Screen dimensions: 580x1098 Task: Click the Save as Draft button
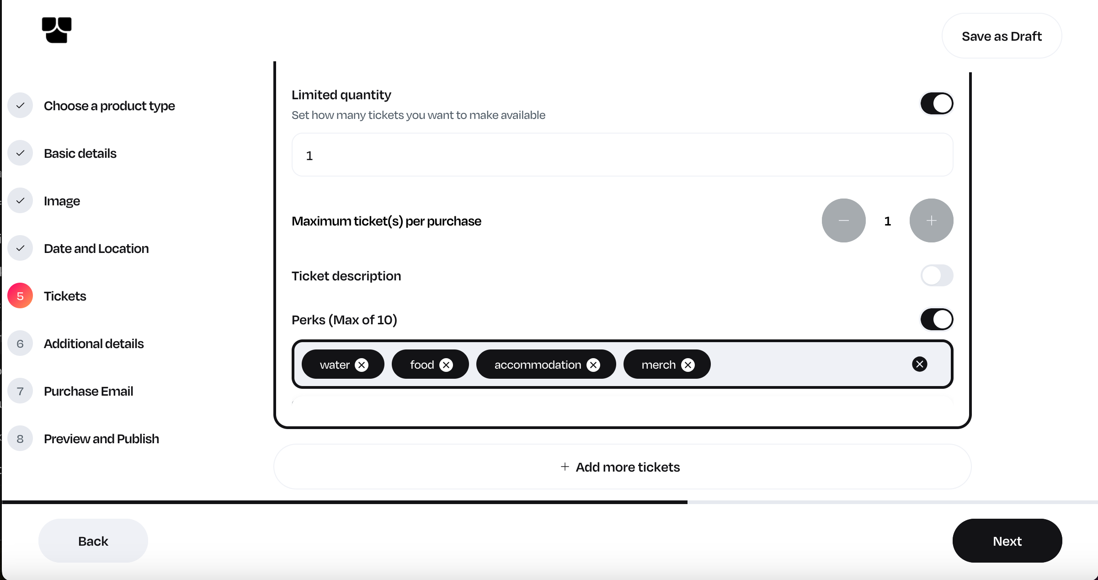click(x=1002, y=36)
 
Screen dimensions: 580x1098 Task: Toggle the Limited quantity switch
click(x=937, y=103)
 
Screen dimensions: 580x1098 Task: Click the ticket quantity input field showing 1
click(x=622, y=155)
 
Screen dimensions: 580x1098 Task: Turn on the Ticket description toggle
click(x=937, y=276)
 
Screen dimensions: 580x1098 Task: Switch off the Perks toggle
click(x=937, y=319)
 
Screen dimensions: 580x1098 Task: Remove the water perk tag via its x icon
click(x=362, y=365)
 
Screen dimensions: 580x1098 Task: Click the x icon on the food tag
click(x=446, y=365)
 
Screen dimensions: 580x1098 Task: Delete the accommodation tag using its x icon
click(x=593, y=365)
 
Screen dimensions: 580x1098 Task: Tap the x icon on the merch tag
click(x=688, y=365)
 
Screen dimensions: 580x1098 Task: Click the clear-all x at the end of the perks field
click(x=919, y=364)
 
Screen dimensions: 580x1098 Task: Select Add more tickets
click(x=622, y=467)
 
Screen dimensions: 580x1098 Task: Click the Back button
click(x=93, y=541)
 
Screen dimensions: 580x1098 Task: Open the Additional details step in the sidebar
click(x=94, y=344)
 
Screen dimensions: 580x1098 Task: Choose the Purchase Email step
click(x=88, y=391)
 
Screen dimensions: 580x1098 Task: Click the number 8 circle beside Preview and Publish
click(x=20, y=439)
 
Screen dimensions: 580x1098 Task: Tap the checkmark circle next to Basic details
click(x=20, y=153)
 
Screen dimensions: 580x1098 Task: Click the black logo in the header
click(x=57, y=30)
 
